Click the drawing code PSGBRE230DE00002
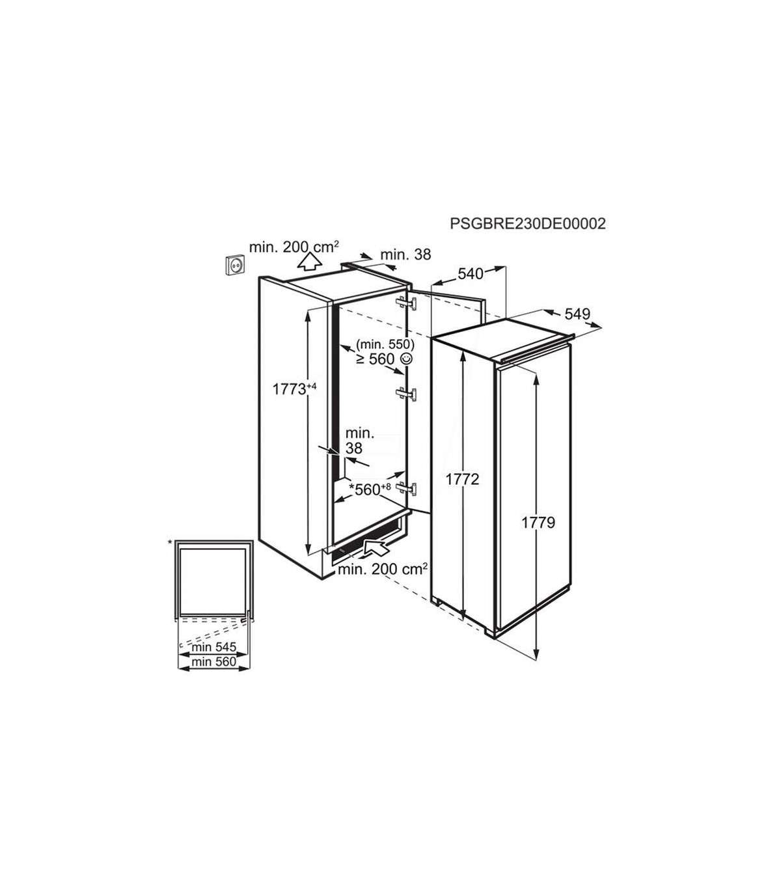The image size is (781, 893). point(528,223)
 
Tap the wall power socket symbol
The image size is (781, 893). point(235,266)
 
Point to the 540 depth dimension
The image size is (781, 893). point(471,273)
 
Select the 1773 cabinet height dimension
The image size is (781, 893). point(294,388)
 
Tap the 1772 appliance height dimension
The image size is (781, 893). point(463,479)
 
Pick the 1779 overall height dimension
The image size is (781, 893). point(538,523)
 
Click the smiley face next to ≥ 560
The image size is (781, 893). point(406,359)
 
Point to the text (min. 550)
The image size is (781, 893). point(385,344)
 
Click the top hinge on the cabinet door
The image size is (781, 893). point(406,302)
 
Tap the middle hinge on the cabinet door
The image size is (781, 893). point(406,393)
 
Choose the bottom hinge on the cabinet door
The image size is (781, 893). point(406,488)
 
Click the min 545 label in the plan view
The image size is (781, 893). point(213,647)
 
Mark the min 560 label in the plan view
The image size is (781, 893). point(213,662)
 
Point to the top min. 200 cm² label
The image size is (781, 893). point(294,247)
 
